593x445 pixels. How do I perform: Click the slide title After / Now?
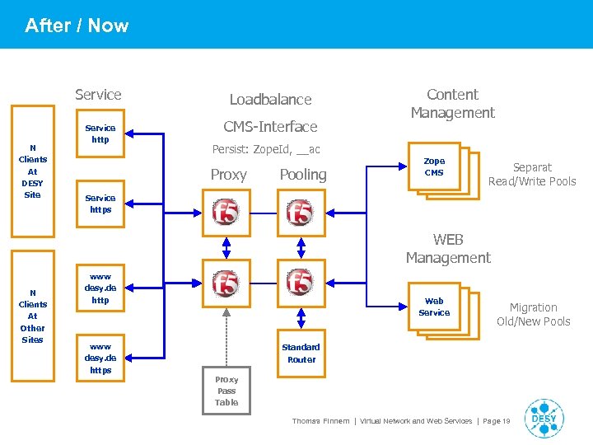point(77,26)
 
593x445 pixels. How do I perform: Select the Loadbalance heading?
point(270,100)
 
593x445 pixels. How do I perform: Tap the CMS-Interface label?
point(270,127)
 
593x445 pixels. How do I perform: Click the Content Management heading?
point(452,104)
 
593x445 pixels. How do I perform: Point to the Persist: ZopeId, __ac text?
point(265,150)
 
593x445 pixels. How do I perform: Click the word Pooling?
point(302,175)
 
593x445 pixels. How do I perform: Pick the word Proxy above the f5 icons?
point(228,175)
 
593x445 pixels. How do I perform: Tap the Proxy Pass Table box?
point(226,391)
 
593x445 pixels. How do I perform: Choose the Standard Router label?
point(301,354)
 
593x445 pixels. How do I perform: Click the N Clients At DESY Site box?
point(32,171)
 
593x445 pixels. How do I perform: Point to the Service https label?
point(100,204)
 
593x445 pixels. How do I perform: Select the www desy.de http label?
point(100,289)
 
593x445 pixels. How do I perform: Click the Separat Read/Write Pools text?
point(532,174)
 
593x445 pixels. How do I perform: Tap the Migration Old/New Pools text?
point(533,314)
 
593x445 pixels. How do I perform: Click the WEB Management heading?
point(448,249)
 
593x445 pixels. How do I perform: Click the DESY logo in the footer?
point(544,418)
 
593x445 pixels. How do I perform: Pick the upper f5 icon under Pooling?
point(300,212)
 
